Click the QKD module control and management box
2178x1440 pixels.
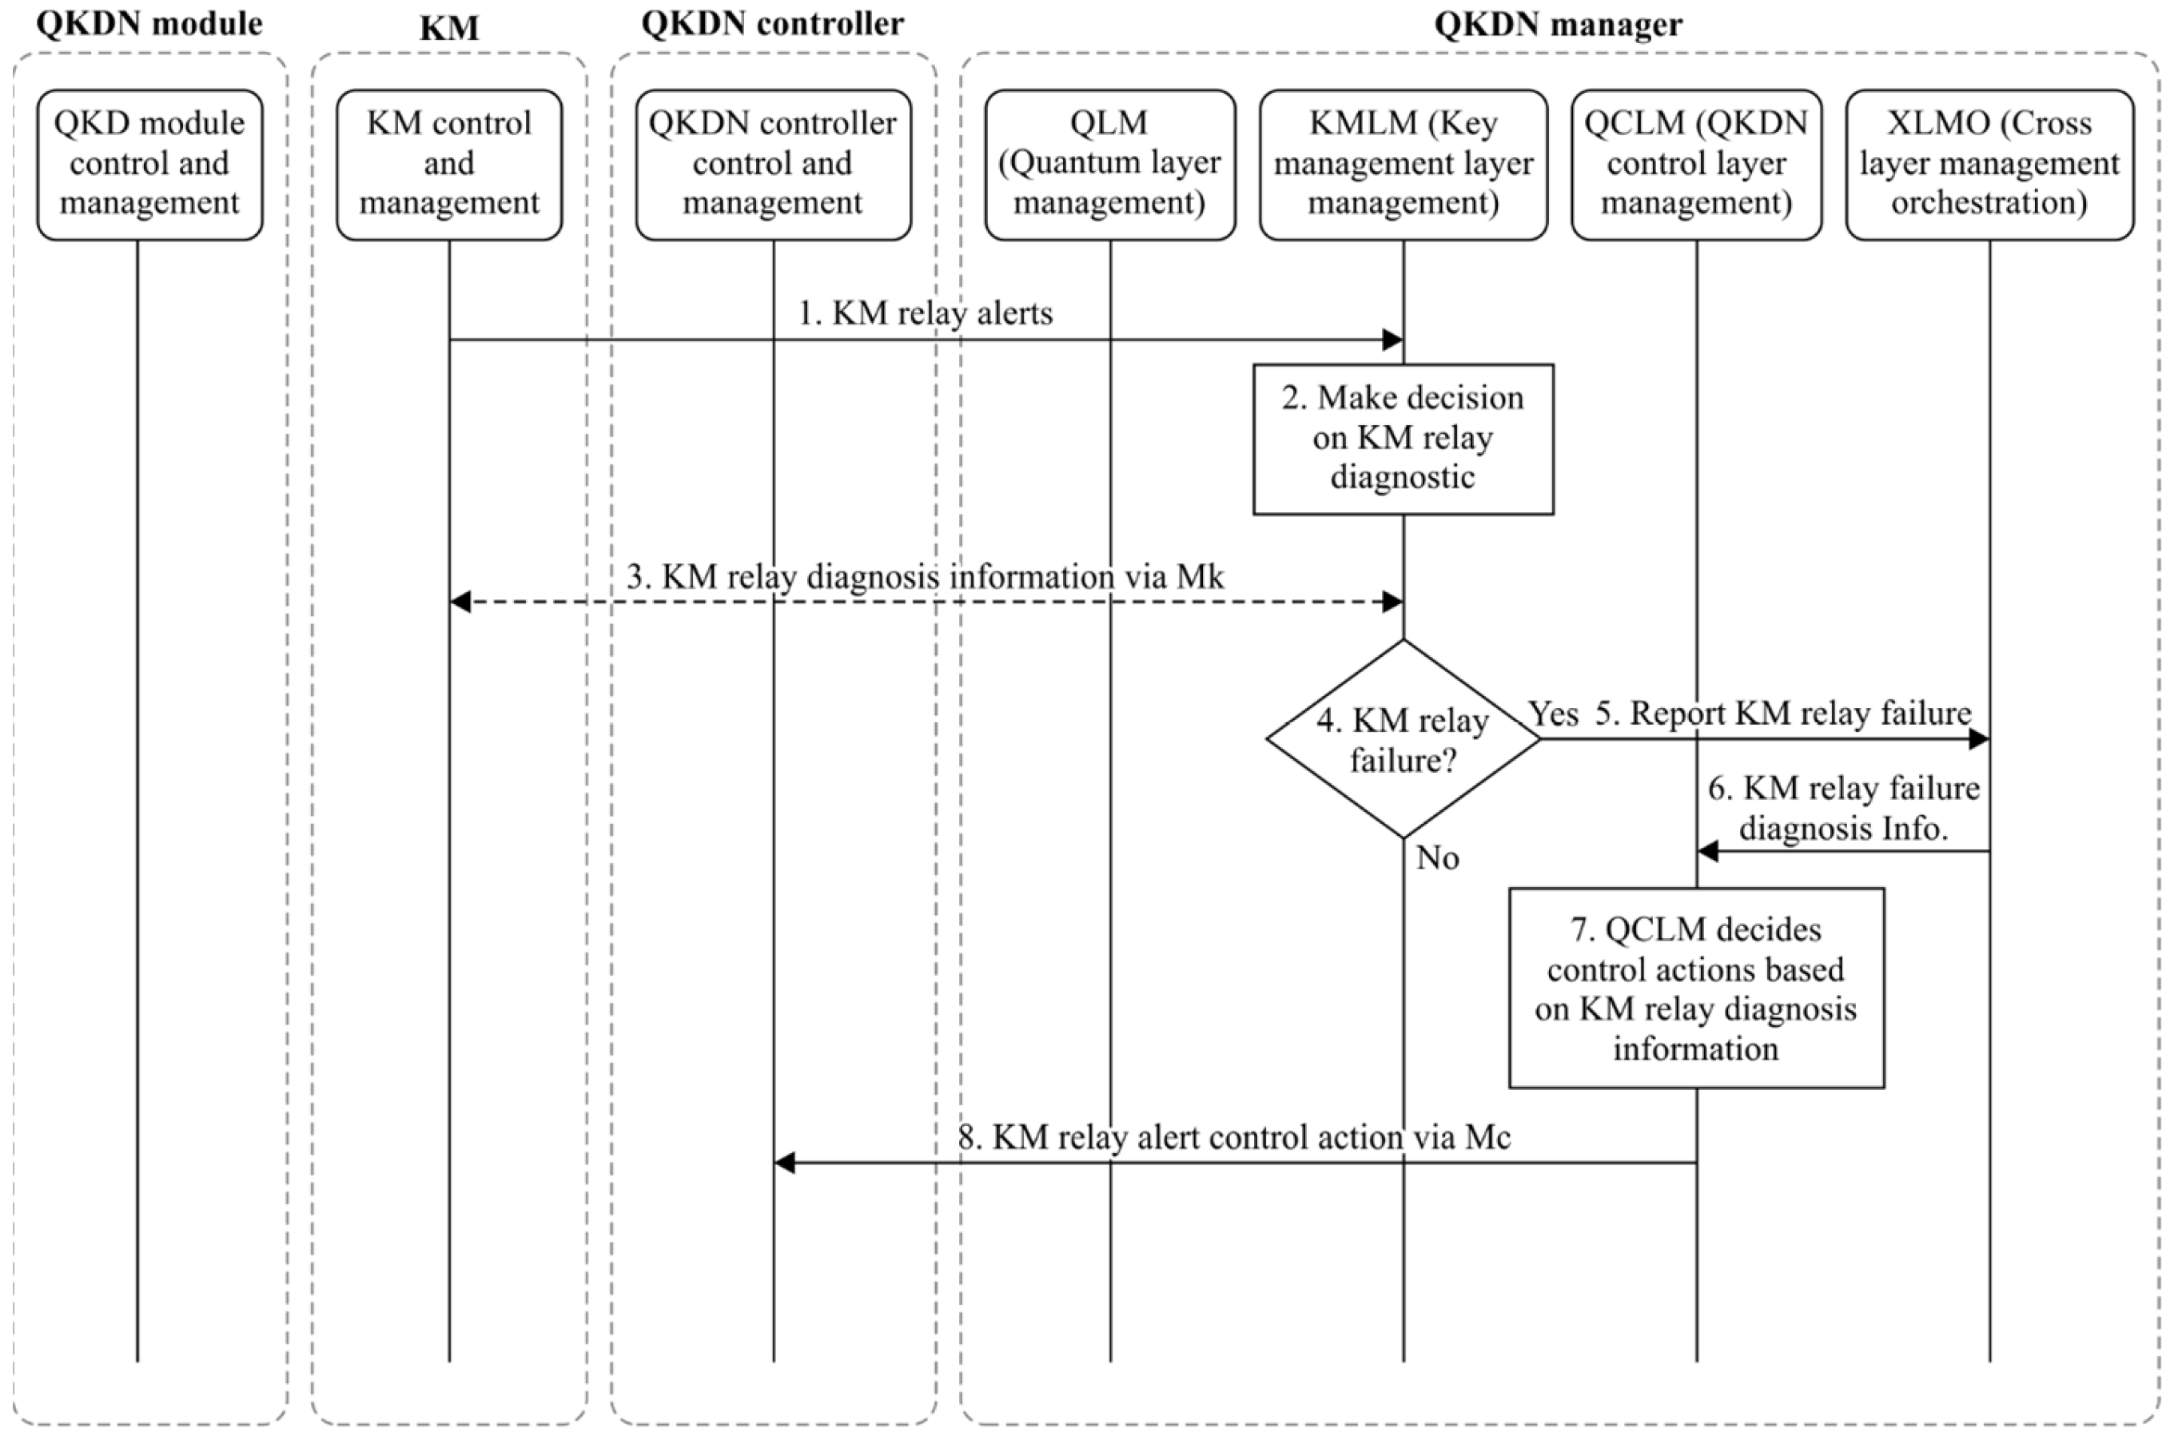[x=149, y=165]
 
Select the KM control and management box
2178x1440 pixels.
[x=449, y=165]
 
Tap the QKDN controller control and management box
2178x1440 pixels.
[x=773, y=165]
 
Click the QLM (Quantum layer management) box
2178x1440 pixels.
[x=1109, y=165]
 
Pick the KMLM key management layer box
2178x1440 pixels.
[x=1403, y=165]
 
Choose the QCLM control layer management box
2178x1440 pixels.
[x=1696, y=165]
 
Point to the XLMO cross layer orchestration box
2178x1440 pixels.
[x=1989, y=165]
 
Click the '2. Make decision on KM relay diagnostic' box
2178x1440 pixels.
[x=1403, y=439]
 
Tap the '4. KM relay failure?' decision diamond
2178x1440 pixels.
[x=1403, y=739]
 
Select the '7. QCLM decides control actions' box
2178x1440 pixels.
[x=1696, y=989]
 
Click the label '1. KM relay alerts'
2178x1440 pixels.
[x=924, y=313]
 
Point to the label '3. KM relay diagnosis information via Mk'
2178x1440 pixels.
[x=924, y=577]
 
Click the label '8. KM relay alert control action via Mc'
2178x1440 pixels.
[x=1234, y=1137]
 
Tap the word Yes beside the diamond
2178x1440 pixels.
[x=1553, y=714]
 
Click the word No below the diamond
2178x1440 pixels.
[x=1438, y=857]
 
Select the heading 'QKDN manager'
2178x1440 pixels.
[x=1558, y=24]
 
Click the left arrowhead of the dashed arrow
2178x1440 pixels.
[x=460, y=602]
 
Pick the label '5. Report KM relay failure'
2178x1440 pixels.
[x=1783, y=714]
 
